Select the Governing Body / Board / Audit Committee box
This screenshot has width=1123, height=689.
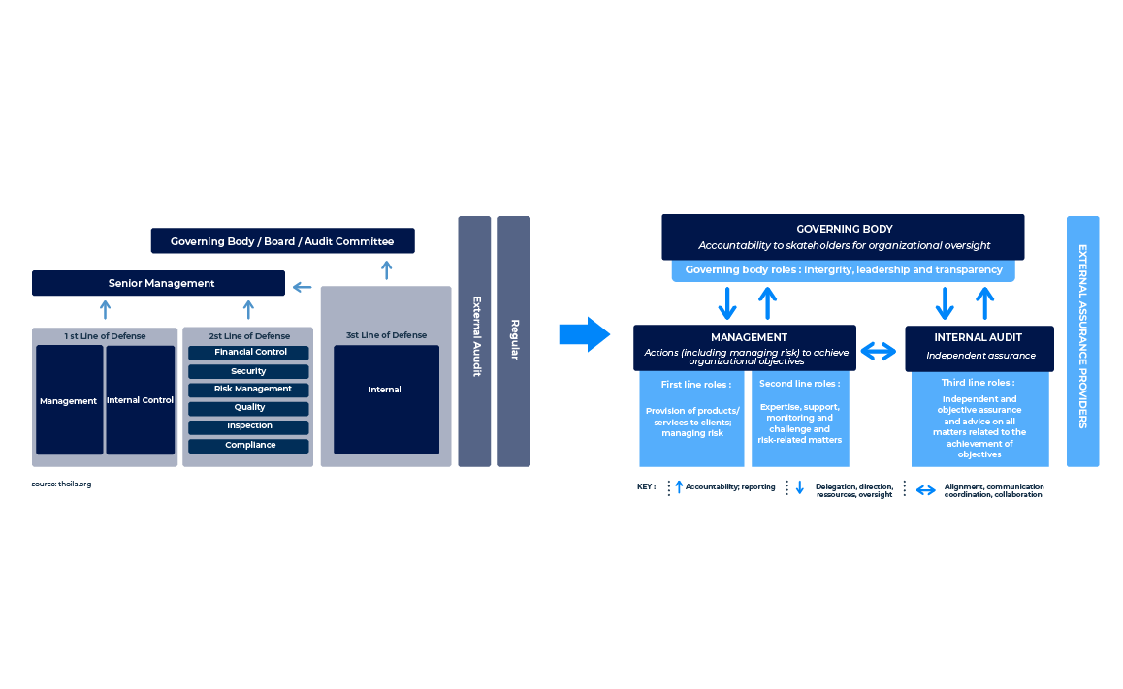tap(282, 240)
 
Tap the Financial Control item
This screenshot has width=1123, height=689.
tap(248, 353)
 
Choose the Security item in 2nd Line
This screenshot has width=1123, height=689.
tap(248, 371)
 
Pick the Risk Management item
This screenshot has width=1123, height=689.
tap(248, 390)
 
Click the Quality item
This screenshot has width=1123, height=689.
tap(248, 408)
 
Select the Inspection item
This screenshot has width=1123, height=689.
tap(248, 426)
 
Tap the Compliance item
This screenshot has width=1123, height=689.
tap(248, 446)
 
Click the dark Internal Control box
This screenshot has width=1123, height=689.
tap(141, 400)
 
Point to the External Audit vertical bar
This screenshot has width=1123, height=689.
tap(475, 341)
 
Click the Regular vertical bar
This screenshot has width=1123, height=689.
tap(514, 341)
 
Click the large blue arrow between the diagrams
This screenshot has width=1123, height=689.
tap(584, 334)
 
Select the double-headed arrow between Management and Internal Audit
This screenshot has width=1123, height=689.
tap(880, 352)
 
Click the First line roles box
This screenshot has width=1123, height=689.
tap(692, 419)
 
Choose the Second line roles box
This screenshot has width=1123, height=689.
tap(800, 419)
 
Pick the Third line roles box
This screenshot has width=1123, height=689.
tap(979, 420)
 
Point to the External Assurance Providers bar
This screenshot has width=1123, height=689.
tap(1083, 341)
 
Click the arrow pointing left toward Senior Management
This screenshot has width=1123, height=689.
tap(303, 287)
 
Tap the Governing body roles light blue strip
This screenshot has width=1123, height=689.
tap(843, 270)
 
